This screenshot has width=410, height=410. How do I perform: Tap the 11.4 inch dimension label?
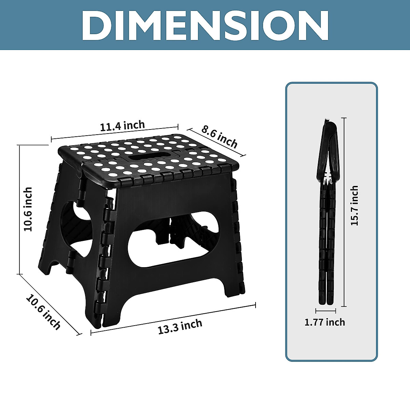[x=122, y=126]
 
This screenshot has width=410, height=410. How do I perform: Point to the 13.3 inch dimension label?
[x=180, y=326]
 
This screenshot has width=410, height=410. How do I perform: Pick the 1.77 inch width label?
[x=325, y=322]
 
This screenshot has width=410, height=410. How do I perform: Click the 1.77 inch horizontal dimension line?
[x=326, y=311]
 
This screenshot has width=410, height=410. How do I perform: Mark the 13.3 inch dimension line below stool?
[x=173, y=318]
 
